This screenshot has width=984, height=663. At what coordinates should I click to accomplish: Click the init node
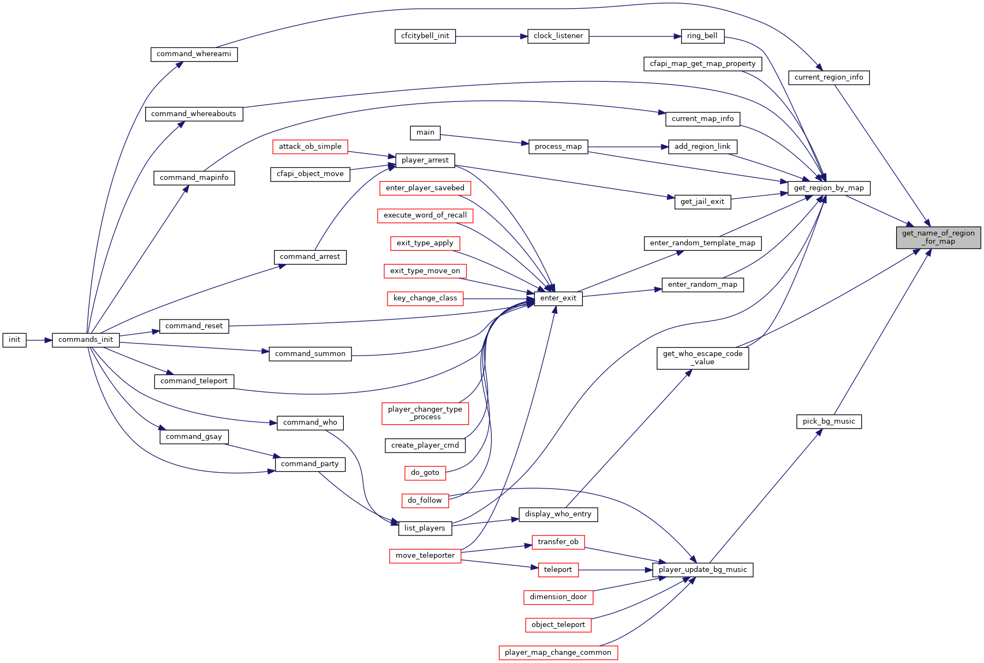(14, 340)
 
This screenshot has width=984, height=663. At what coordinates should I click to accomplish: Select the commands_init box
(86, 340)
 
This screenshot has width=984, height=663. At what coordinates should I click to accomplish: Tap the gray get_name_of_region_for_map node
(938, 237)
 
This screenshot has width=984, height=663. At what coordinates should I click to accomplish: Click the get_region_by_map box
(828, 188)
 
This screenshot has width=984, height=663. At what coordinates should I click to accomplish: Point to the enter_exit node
(558, 298)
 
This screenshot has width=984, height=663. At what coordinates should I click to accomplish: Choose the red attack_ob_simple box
(310, 147)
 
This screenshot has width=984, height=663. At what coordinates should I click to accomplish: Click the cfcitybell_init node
(425, 36)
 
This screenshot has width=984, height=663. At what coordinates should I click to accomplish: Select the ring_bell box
(702, 36)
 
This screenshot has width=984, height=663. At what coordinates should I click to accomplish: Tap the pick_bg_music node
(828, 421)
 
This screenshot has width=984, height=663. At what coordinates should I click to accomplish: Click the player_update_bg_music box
(702, 570)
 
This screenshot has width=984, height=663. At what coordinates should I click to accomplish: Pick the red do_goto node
(425, 473)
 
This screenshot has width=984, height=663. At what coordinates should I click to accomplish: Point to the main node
(425, 132)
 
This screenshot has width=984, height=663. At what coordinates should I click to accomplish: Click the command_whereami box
(194, 54)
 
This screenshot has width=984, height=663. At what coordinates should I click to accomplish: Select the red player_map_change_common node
(558, 653)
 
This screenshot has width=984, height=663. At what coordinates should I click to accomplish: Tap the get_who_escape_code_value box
(702, 358)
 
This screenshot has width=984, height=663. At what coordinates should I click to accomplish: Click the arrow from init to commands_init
(39, 340)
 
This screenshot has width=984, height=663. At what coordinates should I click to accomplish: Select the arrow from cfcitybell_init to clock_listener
(492, 36)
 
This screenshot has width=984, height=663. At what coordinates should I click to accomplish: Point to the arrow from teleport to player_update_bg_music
(616, 570)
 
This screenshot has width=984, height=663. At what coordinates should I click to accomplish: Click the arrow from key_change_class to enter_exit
(498, 299)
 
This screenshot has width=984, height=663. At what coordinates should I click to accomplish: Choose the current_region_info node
(828, 77)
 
